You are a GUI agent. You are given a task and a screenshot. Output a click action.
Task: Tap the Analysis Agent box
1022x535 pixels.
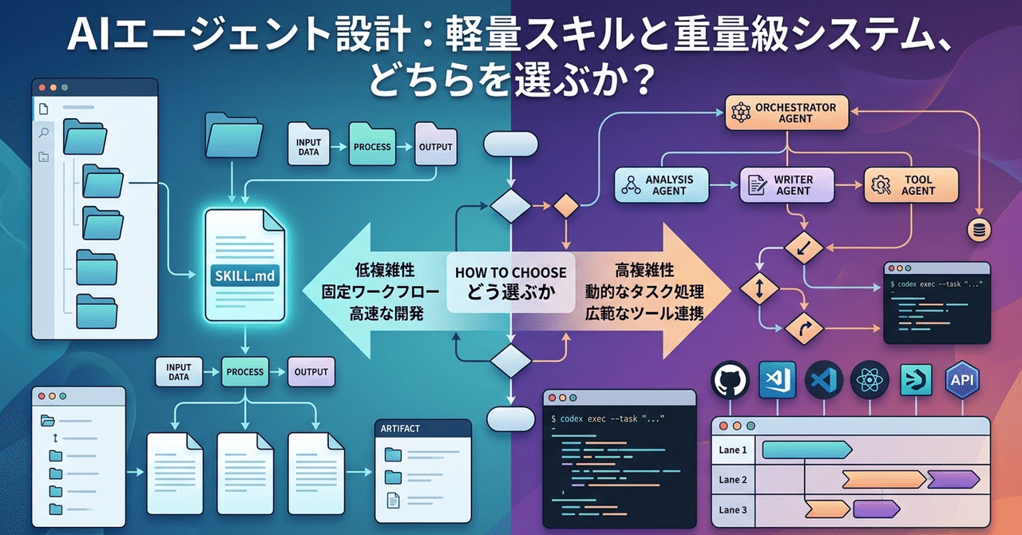[661, 185]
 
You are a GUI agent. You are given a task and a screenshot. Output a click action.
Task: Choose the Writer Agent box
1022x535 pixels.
[786, 185]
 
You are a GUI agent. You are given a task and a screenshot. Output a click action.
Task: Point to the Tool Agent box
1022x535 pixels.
[909, 185]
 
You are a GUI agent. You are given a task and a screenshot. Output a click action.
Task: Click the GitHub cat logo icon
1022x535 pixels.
[729, 379]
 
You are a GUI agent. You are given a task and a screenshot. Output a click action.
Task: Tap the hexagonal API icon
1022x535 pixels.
[963, 379]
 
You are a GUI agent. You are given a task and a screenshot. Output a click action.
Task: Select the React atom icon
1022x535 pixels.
[869, 379]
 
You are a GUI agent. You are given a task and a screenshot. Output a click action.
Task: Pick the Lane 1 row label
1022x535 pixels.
[732, 450]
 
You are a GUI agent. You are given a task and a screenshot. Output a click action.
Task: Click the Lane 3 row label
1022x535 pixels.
[732, 509]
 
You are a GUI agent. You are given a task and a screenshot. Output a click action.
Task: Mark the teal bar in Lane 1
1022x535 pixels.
[806, 450]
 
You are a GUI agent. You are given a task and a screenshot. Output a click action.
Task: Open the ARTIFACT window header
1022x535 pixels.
[422, 429]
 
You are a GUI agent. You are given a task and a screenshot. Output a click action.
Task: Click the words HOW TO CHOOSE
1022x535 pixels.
[510, 272]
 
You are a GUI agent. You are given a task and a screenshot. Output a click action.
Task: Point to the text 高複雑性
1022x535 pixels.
[644, 271]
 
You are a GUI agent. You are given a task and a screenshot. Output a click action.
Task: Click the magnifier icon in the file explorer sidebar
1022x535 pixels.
[43, 133]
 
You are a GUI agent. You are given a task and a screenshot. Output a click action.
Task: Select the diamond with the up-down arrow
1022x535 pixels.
[759, 289]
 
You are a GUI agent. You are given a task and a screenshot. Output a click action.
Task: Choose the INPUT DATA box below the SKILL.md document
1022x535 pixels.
[179, 372]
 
